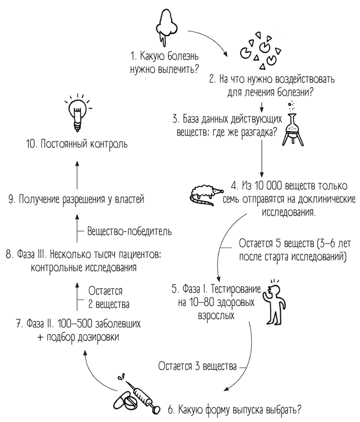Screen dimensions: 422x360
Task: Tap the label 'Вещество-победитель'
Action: coord(129,231)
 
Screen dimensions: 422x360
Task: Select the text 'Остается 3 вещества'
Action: coord(198,366)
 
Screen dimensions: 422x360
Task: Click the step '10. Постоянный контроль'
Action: coord(77,144)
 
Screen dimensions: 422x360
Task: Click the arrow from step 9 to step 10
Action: coord(77,173)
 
